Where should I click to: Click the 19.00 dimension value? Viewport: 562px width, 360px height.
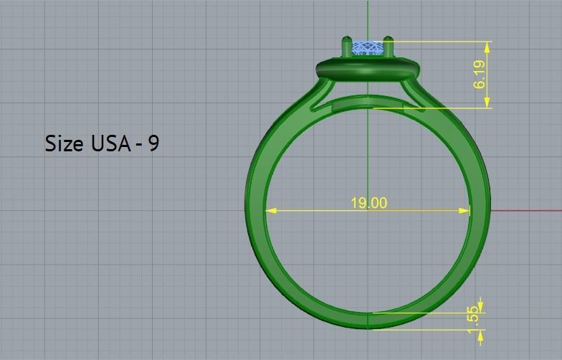point(368,203)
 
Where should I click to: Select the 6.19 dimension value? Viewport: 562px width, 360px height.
point(479,75)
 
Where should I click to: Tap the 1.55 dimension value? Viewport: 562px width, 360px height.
point(472,316)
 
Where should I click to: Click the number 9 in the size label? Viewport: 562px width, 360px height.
point(153,143)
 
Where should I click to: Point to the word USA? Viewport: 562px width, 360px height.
point(110,143)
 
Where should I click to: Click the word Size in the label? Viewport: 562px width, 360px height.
point(64,143)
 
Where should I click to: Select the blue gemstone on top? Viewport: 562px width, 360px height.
point(368,47)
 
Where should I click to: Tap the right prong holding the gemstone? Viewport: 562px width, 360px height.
point(389,47)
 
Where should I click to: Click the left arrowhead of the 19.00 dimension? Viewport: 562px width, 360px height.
point(270,210)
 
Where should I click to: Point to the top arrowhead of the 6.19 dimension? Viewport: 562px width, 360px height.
point(487,46)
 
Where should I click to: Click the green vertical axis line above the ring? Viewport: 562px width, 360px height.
point(368,18)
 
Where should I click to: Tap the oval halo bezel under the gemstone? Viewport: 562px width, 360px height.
point(368,70)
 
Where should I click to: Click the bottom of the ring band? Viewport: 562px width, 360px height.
point(368,321)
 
